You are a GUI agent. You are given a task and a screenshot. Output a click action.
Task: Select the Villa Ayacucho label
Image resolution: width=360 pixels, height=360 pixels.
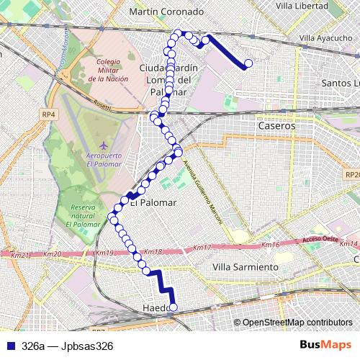tap(320, 37)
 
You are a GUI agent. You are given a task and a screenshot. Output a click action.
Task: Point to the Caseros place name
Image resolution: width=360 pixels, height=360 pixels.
tap(276, 125)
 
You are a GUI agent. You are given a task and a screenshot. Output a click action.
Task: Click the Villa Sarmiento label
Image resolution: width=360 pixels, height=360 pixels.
tap(246, 267)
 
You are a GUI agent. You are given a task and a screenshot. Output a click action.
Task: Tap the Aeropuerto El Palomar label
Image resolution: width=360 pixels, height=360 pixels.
tap(98, 160)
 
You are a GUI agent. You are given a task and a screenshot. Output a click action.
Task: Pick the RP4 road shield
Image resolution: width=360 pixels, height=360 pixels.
tap(48, 114)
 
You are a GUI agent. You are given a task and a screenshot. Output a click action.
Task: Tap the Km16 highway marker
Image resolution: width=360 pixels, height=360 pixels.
tap(270, 246)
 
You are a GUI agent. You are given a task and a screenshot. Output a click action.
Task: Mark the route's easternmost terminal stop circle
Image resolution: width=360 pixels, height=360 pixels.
tap(249, 63)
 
